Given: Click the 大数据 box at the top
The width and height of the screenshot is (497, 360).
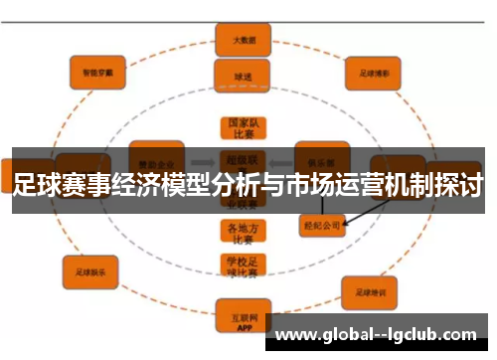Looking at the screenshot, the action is click(243, 41).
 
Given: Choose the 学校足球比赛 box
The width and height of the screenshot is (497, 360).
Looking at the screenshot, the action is click(242, 266).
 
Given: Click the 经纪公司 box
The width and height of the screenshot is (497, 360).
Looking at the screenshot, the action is click(321, 225).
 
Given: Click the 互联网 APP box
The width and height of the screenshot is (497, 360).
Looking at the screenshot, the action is click(242, 317).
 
